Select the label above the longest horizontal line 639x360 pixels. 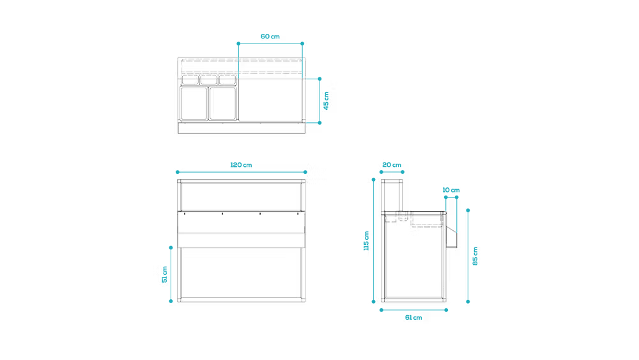pos(242,165)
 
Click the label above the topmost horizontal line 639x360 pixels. pos(270,36)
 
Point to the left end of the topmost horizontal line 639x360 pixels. pos(238,43)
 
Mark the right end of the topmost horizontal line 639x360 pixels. pos(302,43)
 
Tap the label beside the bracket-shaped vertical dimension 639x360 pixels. pos(326,100)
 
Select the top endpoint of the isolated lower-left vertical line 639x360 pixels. pos(171,246)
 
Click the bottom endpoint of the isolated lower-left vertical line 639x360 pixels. pos(171,301)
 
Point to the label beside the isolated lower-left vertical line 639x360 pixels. pos(164,274)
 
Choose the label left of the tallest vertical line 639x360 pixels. pos(366,242)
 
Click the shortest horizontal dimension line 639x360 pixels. pos(392,171)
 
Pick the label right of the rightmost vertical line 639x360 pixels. pos(475,256)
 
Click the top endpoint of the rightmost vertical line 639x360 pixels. pos(468,209)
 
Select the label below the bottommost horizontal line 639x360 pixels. pos(413,317)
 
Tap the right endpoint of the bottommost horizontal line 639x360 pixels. pos(446,310)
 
